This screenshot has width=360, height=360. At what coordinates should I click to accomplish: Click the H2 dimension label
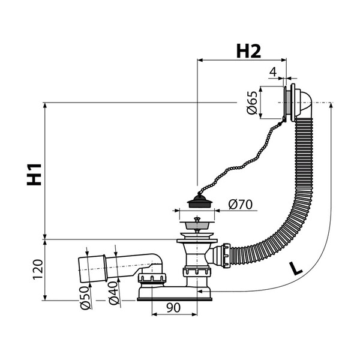point(248,51)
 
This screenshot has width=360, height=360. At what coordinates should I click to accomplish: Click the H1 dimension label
point(34,174)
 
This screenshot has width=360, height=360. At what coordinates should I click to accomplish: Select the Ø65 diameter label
point(251,103)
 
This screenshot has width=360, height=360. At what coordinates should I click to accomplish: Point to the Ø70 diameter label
point(241,204)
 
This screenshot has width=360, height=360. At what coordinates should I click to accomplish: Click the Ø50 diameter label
point(85,298)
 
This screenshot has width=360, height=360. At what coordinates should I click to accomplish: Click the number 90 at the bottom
point(173,308)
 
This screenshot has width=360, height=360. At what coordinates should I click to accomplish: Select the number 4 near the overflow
point(273,72)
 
